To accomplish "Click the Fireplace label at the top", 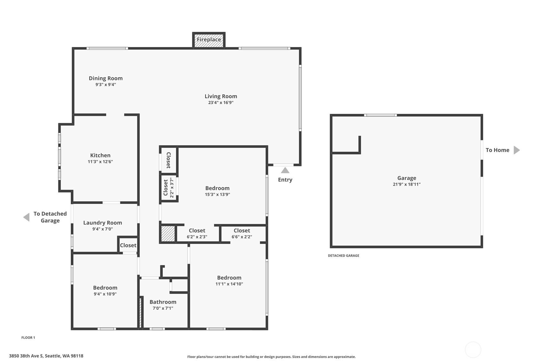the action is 209,39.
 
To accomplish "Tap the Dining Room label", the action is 106,78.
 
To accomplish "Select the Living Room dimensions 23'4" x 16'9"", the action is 221,102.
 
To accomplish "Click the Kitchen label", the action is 100,156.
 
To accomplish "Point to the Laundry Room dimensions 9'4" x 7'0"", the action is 102,229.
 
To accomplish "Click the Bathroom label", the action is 163,302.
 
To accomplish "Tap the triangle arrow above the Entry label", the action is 285,171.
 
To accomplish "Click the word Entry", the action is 285,180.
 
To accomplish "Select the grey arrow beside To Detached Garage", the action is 27,217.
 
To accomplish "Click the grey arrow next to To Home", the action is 516,150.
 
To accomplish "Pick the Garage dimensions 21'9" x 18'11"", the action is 407,184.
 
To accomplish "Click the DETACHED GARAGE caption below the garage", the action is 344,255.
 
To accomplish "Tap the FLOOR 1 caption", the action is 28,337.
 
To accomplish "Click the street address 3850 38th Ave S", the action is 26,356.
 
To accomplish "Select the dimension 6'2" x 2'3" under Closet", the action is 197,237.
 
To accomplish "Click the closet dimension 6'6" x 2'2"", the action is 242,237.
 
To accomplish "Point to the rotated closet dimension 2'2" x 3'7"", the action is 172,188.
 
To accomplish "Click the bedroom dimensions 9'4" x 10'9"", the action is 105,294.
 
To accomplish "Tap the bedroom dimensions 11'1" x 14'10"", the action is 229,284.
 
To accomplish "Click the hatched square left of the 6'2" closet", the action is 168,234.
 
